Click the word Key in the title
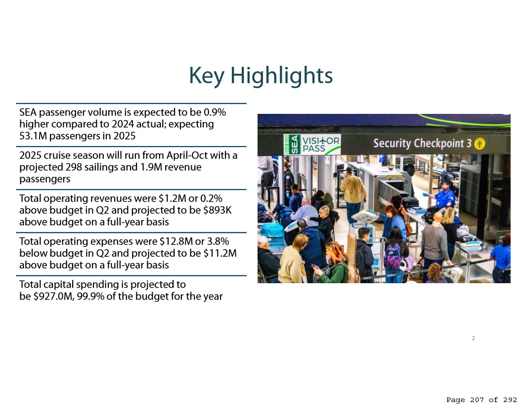click(x=207, y=76)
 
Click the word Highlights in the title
click(x=282, y=76)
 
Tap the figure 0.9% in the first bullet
click(x=215, y=112)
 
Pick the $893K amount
click(x=217, y=210)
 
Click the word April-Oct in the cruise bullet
click(x=187, y=155)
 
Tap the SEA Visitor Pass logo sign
click(x=312, y=145)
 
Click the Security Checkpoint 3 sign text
click(x=422, y=144)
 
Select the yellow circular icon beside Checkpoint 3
click(x=479, y=144)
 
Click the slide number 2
click(x=474, y=338)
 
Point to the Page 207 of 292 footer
click(x=481, y=400)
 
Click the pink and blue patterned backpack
click(x=393, y=256)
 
